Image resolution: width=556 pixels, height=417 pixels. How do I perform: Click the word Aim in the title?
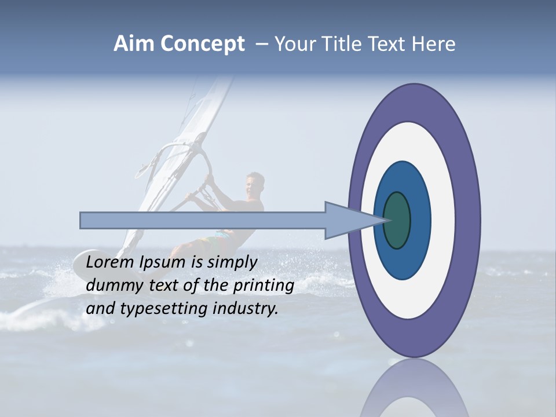coord(134,44)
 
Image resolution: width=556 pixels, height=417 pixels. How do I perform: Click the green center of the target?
coord(397,221)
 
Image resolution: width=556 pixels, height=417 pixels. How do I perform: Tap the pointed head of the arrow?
coord(371,221)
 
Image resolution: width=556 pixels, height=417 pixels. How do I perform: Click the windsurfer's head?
coord(254,184)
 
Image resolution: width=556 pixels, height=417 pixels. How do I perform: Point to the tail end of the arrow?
coord(85,221)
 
